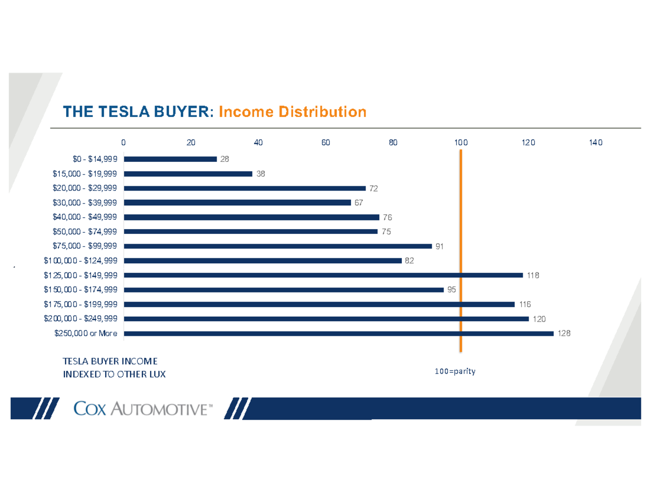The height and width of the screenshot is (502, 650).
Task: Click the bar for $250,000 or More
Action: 339,334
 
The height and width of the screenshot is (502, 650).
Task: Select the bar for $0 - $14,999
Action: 170,159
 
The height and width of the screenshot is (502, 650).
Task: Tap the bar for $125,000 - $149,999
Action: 323,275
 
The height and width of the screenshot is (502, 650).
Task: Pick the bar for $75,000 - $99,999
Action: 278,246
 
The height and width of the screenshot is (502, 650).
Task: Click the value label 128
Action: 564,334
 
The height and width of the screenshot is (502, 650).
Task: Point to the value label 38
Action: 261,174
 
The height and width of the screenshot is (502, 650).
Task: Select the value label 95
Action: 452,290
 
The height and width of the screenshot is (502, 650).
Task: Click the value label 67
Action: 359,203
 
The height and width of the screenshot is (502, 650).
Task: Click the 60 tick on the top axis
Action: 326,142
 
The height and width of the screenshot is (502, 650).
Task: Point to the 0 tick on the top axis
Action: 123,142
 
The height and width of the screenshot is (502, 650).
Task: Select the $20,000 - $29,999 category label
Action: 84,188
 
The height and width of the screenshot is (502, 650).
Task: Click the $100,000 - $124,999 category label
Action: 81,261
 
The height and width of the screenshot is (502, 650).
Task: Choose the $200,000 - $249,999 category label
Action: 81,319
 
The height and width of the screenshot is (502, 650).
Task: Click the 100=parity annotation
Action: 454,371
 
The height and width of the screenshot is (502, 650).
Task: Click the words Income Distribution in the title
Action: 292,112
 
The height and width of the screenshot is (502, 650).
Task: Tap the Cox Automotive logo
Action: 142,409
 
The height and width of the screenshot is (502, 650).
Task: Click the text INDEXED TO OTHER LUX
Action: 113,374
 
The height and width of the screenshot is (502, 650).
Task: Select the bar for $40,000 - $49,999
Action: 251,217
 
